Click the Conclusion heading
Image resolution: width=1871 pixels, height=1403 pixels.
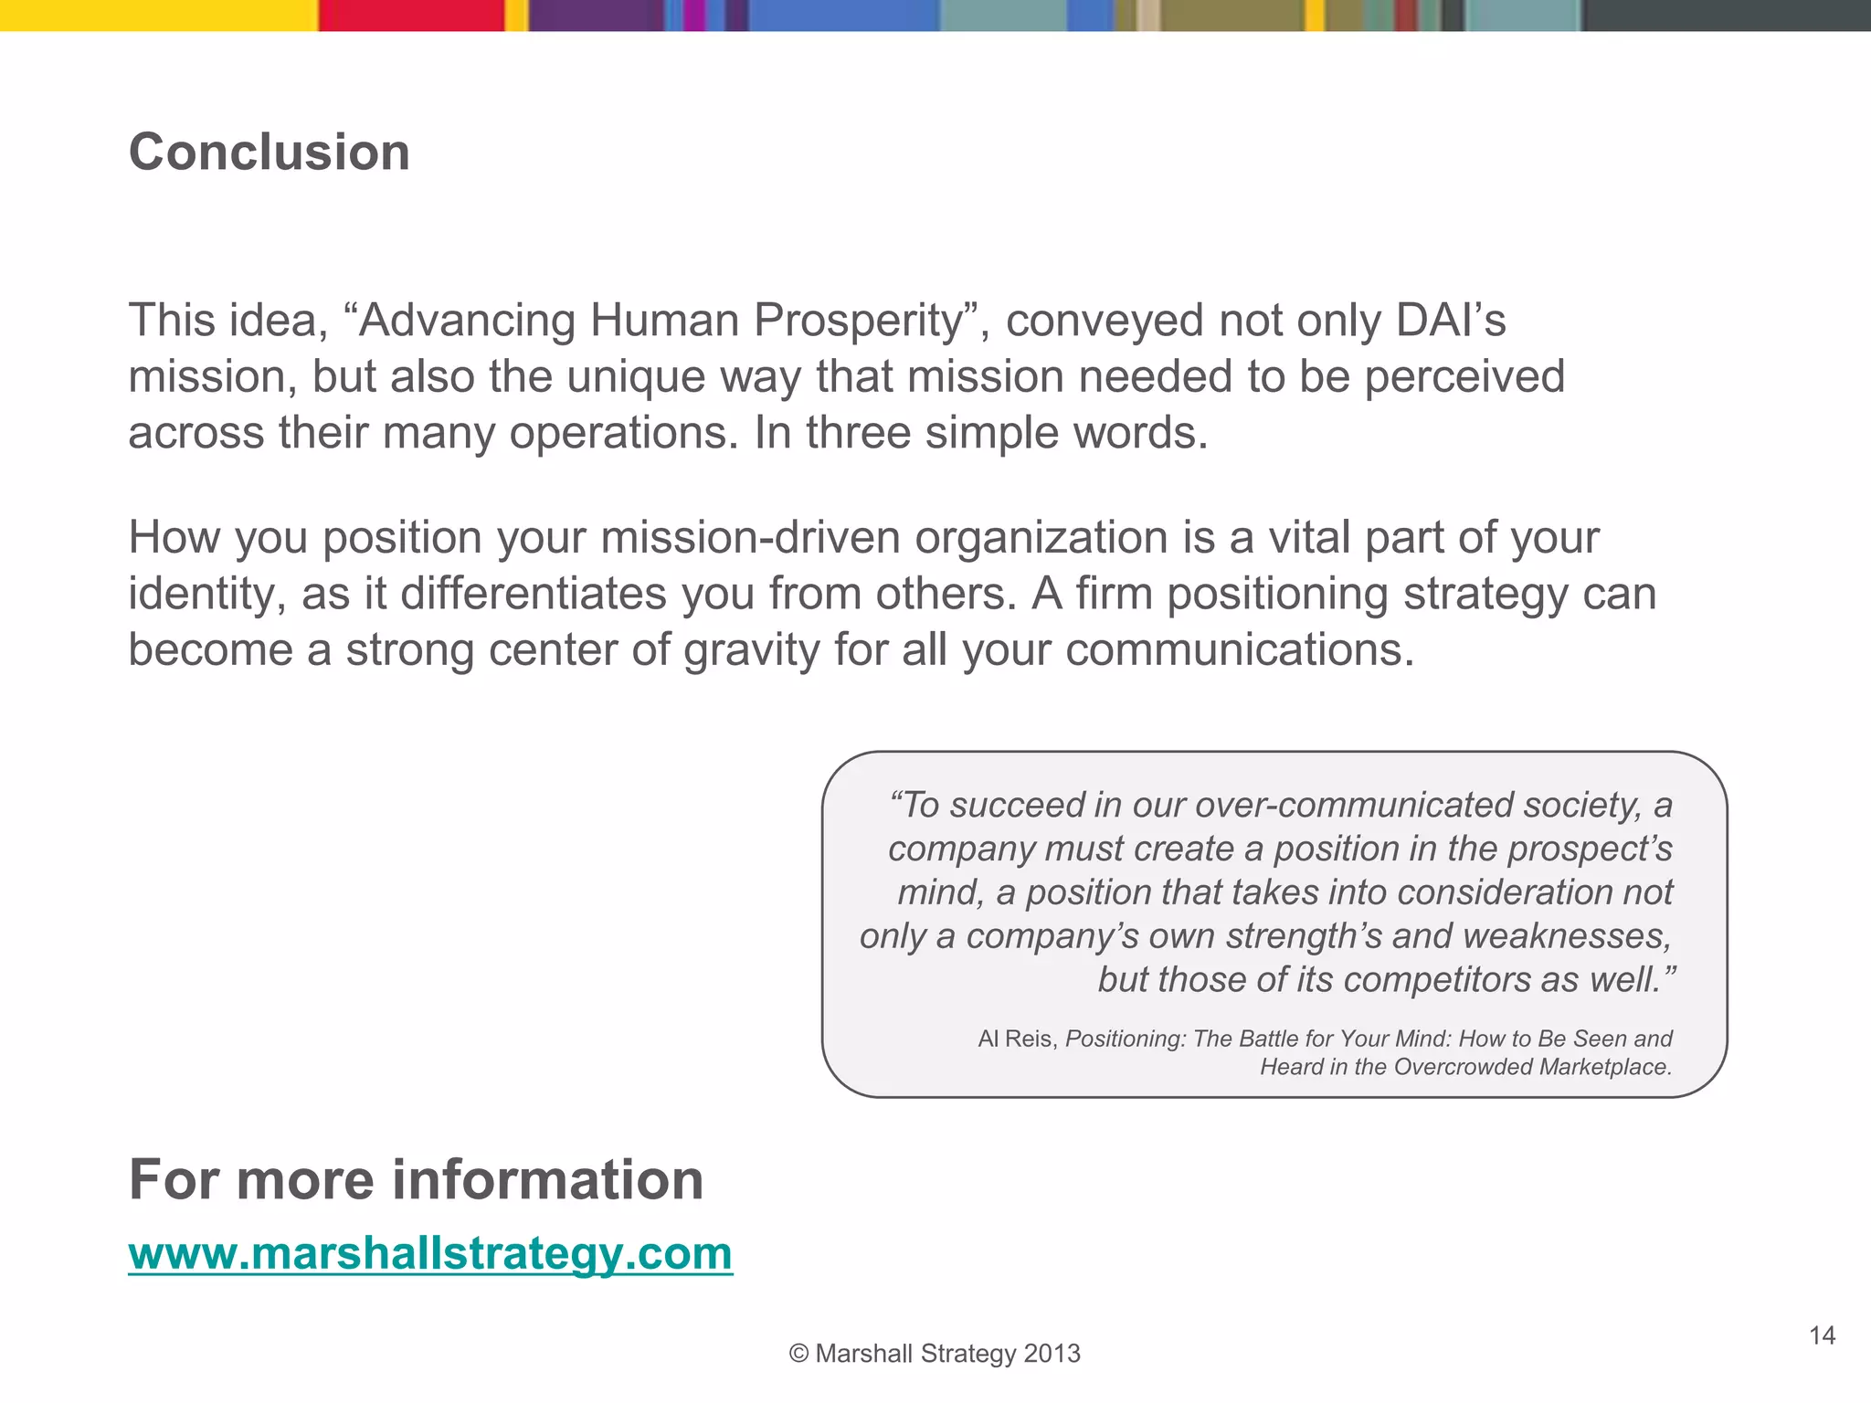coord(269,152)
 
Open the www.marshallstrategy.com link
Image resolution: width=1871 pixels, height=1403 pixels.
coord(430,1252)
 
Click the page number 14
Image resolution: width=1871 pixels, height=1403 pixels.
coord(1822,1336)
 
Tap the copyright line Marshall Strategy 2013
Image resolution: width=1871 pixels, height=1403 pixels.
coord(935,1354)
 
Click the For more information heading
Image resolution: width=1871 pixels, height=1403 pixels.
coord(416,1179)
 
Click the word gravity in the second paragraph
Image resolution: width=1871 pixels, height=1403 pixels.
coord(751,650)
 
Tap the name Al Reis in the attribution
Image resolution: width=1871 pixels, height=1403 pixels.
coord(1016,1039)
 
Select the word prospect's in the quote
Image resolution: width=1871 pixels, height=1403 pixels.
coord(1589,849)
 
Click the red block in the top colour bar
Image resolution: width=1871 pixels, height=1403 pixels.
coord(411,16)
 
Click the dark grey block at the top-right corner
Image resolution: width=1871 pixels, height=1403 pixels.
coord(1727,16)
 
